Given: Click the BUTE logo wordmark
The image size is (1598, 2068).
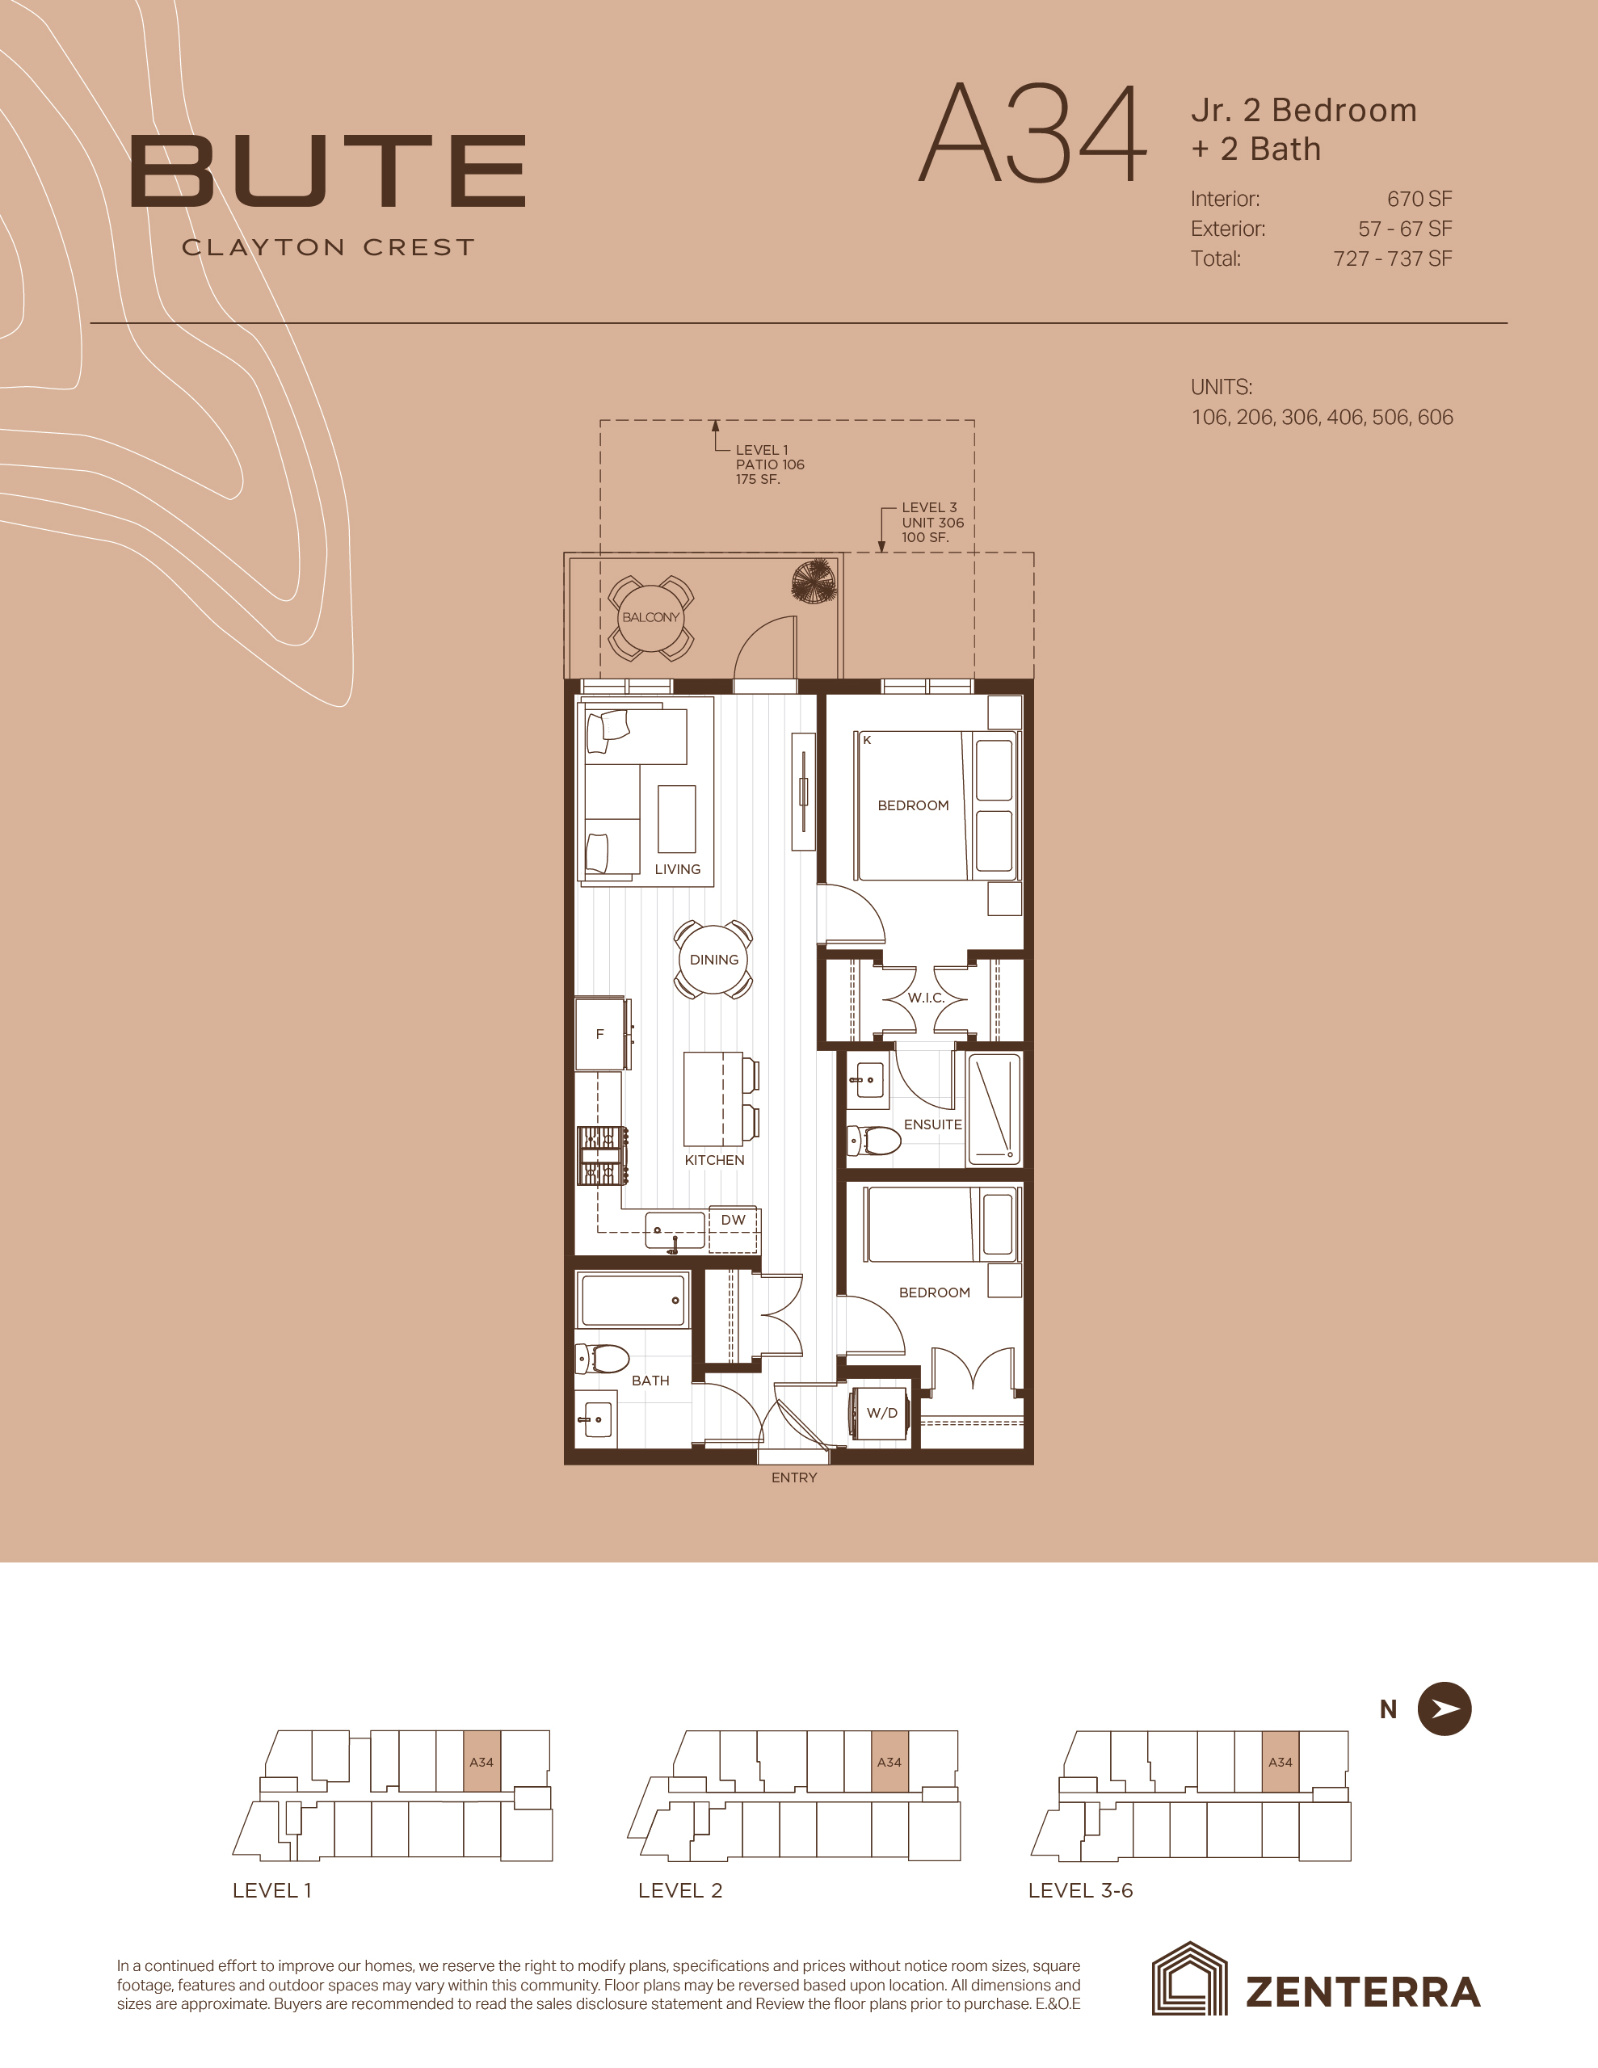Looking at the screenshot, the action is coord(328,171).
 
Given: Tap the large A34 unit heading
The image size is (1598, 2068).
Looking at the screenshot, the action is coord(1032,134).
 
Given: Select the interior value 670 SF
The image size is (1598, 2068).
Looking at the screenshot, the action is coord(1419,199).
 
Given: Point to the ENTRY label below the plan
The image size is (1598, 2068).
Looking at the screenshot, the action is coord(794,1477).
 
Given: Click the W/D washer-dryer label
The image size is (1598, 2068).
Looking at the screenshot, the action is coord(882,1413).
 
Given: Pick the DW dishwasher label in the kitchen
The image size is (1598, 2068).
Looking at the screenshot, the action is coord(734,1220).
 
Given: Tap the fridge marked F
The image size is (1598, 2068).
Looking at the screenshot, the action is coord(599,1034).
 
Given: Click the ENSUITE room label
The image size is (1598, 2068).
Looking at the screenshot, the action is coord(933,1124).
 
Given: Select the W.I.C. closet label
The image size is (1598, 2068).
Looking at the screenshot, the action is coord(926,997).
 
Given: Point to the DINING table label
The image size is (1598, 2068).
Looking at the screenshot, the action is coord(714,959).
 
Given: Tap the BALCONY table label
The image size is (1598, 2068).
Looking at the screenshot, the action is coord(651,617).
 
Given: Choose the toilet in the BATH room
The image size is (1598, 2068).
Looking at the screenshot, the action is coord(603,1360).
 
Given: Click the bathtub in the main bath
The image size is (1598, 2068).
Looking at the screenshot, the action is coord(632,1300).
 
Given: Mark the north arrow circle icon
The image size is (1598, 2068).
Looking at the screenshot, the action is coord(1445,1709).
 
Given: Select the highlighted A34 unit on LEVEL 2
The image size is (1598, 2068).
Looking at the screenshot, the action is coord(889,1761).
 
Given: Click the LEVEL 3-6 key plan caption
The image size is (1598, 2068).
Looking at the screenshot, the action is coord(1081,1891).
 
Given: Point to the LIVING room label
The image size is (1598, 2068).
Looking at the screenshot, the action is coord(677,869).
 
